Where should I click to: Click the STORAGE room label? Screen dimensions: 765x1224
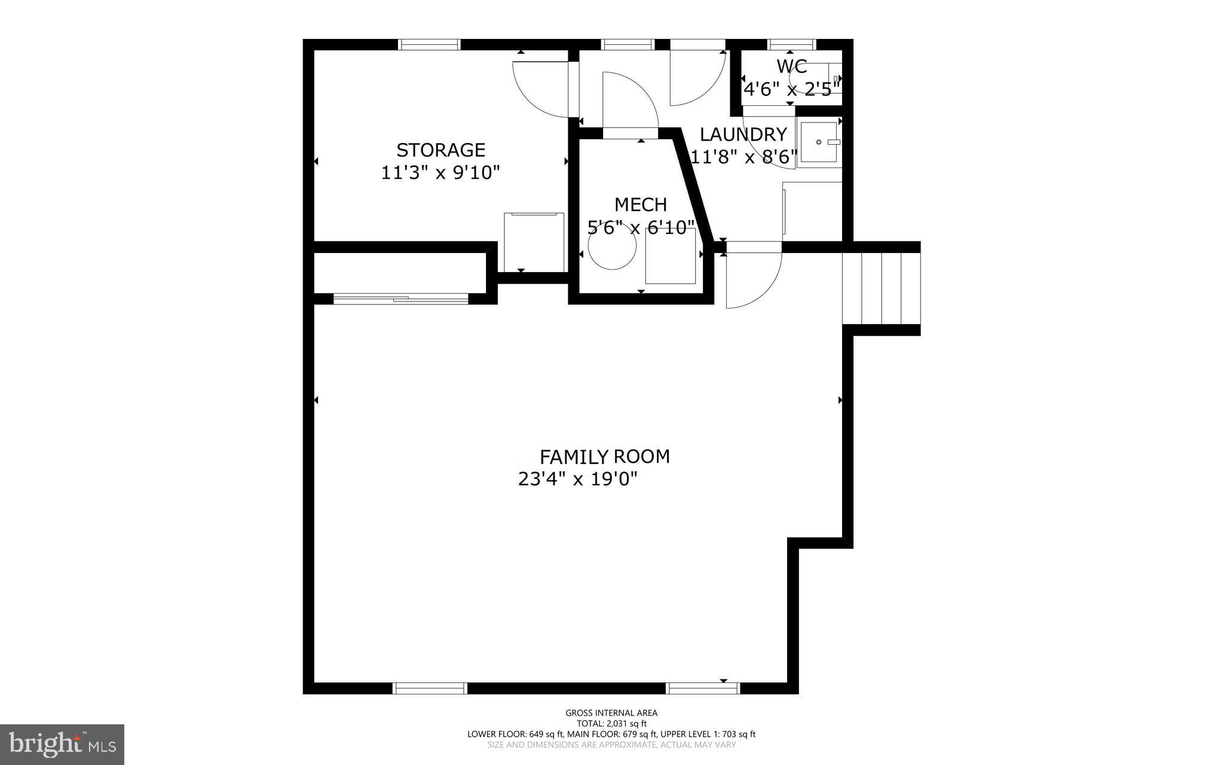click(440, 150)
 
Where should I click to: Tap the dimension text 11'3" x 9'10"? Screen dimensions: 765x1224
click(440, 173)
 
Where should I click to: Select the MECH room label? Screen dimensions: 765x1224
click(641, 205)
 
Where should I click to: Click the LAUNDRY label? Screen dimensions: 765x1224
click(743, 134)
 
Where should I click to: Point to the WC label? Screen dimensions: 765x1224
click(792, 66)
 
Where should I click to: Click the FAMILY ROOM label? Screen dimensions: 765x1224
click(604, 457)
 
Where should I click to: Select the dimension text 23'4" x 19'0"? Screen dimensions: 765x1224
click(578, 479)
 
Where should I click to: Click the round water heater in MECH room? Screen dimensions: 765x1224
click(612, 249)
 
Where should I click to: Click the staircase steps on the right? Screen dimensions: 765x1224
click(882, 288)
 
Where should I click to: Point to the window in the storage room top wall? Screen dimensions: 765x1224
click(429, 44)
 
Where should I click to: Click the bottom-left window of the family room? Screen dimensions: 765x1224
click(430, 688)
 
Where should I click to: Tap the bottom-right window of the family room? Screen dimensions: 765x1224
click(703, 688)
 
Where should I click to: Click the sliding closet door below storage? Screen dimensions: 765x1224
click(400, 298)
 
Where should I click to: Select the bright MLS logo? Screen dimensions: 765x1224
click(62, 744)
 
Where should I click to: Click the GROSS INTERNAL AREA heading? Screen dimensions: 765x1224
click(611, 712)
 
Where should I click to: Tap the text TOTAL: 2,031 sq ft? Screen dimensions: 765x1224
click(611, 723)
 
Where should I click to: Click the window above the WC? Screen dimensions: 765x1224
click(792, 44)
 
